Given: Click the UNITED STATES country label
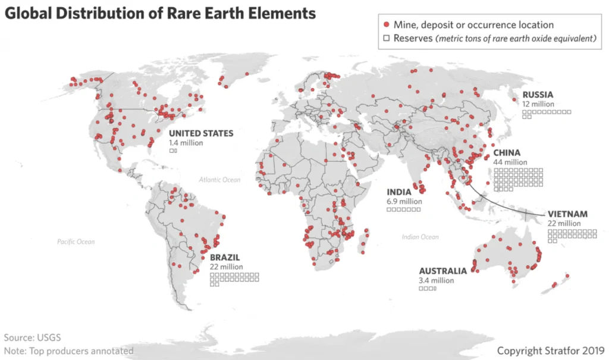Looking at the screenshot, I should [x=200, y=133].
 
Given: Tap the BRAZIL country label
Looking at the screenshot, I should [x=226, y=258].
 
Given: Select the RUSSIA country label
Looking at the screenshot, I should [x=538, y=95].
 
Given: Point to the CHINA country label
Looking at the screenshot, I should [x=507, y=153].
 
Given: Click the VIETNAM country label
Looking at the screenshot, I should [x=567, y=214].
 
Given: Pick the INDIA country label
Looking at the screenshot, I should [x=399, y=192].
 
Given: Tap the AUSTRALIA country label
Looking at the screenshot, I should [x=442, y=271].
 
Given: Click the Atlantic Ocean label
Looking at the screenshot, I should [x=219, y=179].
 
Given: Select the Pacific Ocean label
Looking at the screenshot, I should [x=76, y=242].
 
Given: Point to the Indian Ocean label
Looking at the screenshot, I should [x=420, y=237].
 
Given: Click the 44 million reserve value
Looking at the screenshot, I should [x=510, y=162].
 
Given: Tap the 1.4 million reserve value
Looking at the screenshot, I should [x=186, y=143].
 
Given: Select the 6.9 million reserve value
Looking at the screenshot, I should [x=404, y=202].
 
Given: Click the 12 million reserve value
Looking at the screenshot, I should [x=538, y=104].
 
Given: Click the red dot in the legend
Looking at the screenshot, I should [x=387, y=25].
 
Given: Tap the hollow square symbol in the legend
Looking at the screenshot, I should [x=387, y=39].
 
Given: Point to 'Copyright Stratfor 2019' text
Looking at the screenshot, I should [x=550, y=350].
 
